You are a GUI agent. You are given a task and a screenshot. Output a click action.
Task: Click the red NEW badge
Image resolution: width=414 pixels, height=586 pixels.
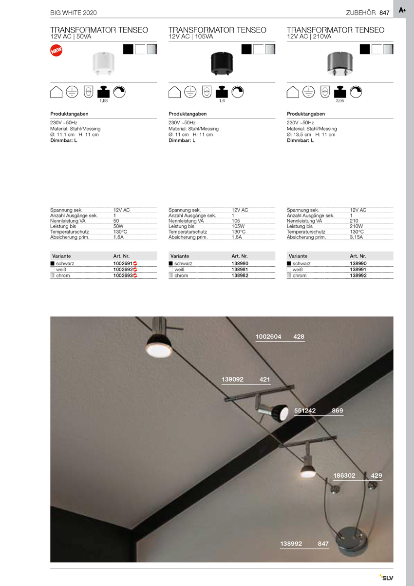[x=56, y=50]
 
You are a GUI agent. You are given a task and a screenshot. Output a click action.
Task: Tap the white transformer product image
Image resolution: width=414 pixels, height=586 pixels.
[x=103, y=63]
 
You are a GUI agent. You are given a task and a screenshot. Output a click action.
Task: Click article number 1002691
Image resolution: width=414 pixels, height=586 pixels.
[x=123, y=263]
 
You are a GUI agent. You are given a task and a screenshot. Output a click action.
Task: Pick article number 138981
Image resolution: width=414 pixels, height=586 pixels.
[x=241, y=269]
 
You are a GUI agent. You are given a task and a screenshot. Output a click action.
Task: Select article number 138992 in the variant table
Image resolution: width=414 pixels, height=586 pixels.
[x=359, y=275]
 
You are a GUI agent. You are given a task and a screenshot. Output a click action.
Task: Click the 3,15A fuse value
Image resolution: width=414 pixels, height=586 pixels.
[x=357, y=237]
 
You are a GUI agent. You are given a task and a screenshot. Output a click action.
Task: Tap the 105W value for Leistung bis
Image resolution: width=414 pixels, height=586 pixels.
[x=238, y=226]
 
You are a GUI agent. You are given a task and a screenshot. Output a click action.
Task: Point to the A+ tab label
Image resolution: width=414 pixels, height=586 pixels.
[x=402, y=10]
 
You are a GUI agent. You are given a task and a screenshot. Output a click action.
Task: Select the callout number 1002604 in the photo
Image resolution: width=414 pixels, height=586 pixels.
[x=268, y=337]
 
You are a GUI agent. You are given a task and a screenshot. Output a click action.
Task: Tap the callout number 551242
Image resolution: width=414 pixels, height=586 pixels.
[x=305, y=410]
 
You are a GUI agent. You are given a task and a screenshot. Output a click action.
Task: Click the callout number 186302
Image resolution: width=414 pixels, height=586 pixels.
[x=344, y=475]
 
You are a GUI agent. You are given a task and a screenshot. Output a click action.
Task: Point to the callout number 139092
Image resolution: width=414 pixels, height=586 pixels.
[x=232, y=379]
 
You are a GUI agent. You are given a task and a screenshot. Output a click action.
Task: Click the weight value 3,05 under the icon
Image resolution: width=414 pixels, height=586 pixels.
[x=340, y=101]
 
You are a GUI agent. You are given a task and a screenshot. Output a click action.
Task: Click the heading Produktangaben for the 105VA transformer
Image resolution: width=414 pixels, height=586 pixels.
[x=188, y=114]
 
